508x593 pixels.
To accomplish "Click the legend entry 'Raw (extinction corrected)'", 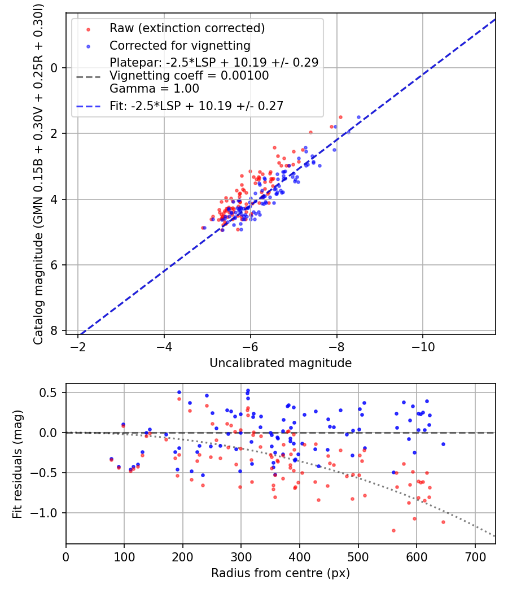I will click(x=187, y=28).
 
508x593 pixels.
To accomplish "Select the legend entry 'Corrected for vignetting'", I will click(x=180, y=45).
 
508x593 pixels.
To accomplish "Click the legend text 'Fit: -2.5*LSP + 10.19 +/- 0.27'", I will click(x=196, y=106).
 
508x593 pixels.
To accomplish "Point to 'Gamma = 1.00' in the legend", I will click(x=154, y=88).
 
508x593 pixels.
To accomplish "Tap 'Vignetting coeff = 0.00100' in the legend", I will click(x=189, y=75).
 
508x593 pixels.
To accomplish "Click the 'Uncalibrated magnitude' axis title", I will click(x=281, y=363).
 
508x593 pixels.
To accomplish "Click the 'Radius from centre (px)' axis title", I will click(x=281, y=573).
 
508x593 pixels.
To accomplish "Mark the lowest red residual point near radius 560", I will click(x=393, y=530).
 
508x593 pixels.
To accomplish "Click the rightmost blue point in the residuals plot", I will click(x=443, y=444).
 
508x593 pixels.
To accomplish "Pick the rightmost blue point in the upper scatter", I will click(x=358, y=117).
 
